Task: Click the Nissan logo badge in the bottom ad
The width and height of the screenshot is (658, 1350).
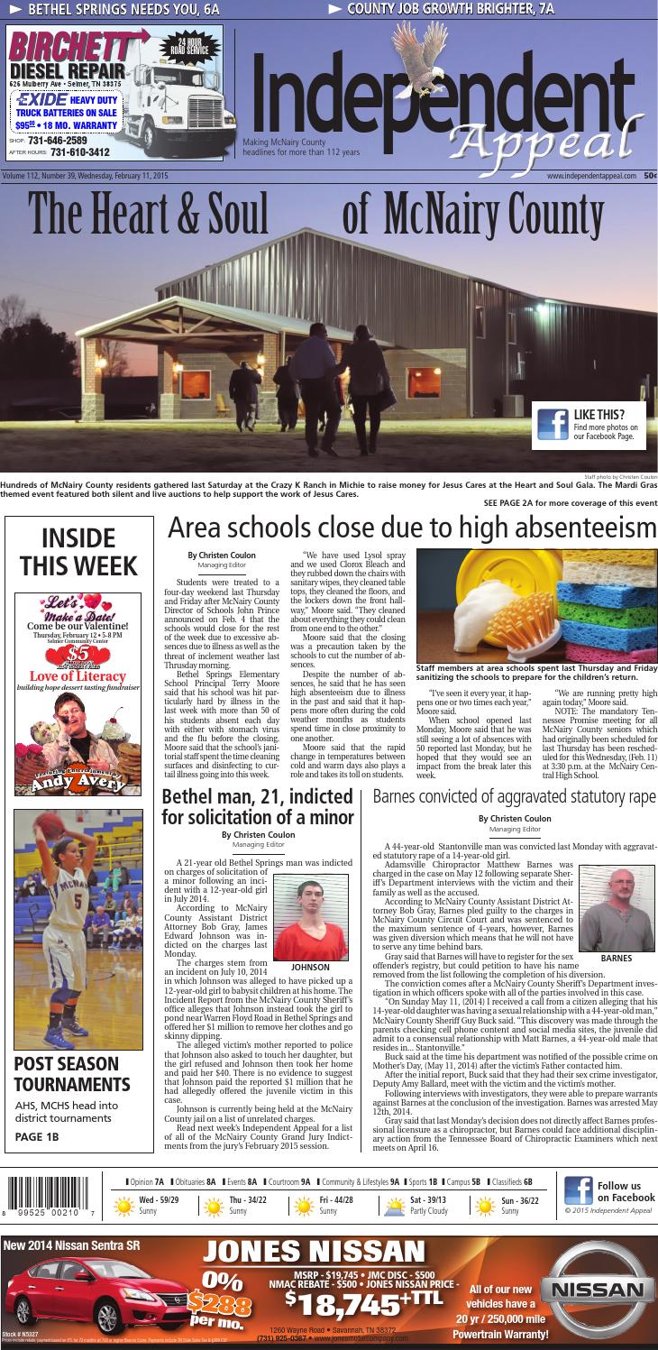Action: pos(602,1290)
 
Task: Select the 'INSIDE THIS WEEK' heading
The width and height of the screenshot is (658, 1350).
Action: pos(78,552)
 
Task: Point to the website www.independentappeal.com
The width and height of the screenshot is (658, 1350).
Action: pos(590,176)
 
